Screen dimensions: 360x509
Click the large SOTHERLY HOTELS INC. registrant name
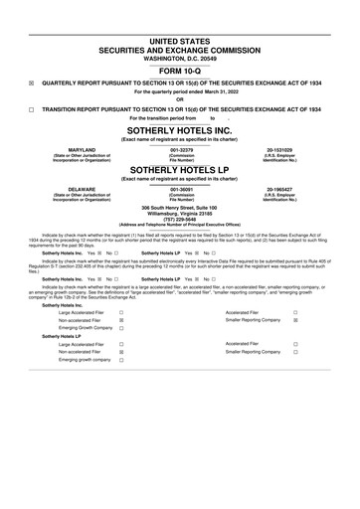tap(180, 129)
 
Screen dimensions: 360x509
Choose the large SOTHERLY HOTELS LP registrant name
tap(180, 170)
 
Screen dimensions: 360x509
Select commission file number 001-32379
tap(180, 149)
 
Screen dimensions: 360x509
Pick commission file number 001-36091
tap(180, 187)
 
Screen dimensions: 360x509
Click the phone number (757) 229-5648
tap(180, 222)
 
